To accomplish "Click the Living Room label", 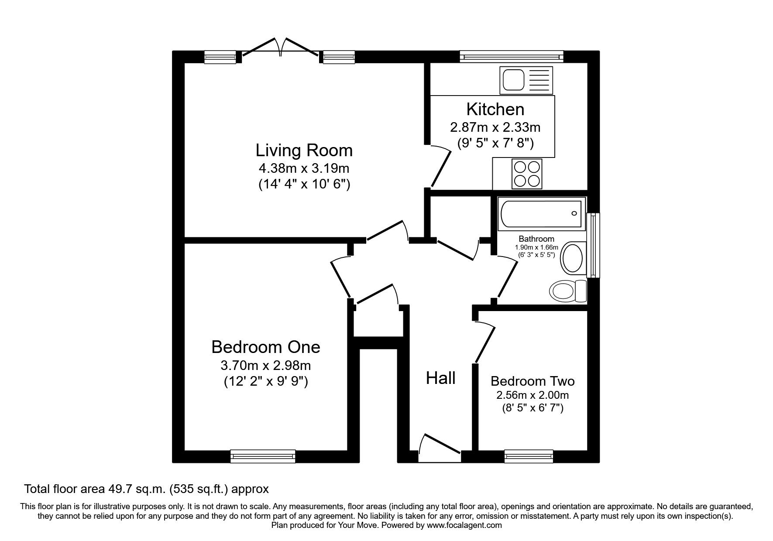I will point(304,151).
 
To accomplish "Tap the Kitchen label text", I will point(495,109).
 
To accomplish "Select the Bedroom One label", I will point(265,347).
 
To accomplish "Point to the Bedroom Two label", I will point(532,381).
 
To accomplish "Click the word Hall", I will point(440,378).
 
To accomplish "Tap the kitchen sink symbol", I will point(527,81).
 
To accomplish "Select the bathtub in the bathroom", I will point(541,214).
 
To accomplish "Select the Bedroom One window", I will point(263,456).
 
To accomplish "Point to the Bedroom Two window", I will point(529,456).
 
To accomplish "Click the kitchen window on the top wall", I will point(511,56).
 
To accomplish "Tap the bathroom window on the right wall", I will point(593,245).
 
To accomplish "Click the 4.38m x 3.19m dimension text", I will point(304,168).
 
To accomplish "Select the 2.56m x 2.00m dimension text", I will point(532,395).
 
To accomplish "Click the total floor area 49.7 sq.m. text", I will point(146,489).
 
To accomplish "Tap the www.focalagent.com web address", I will point(464,525).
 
